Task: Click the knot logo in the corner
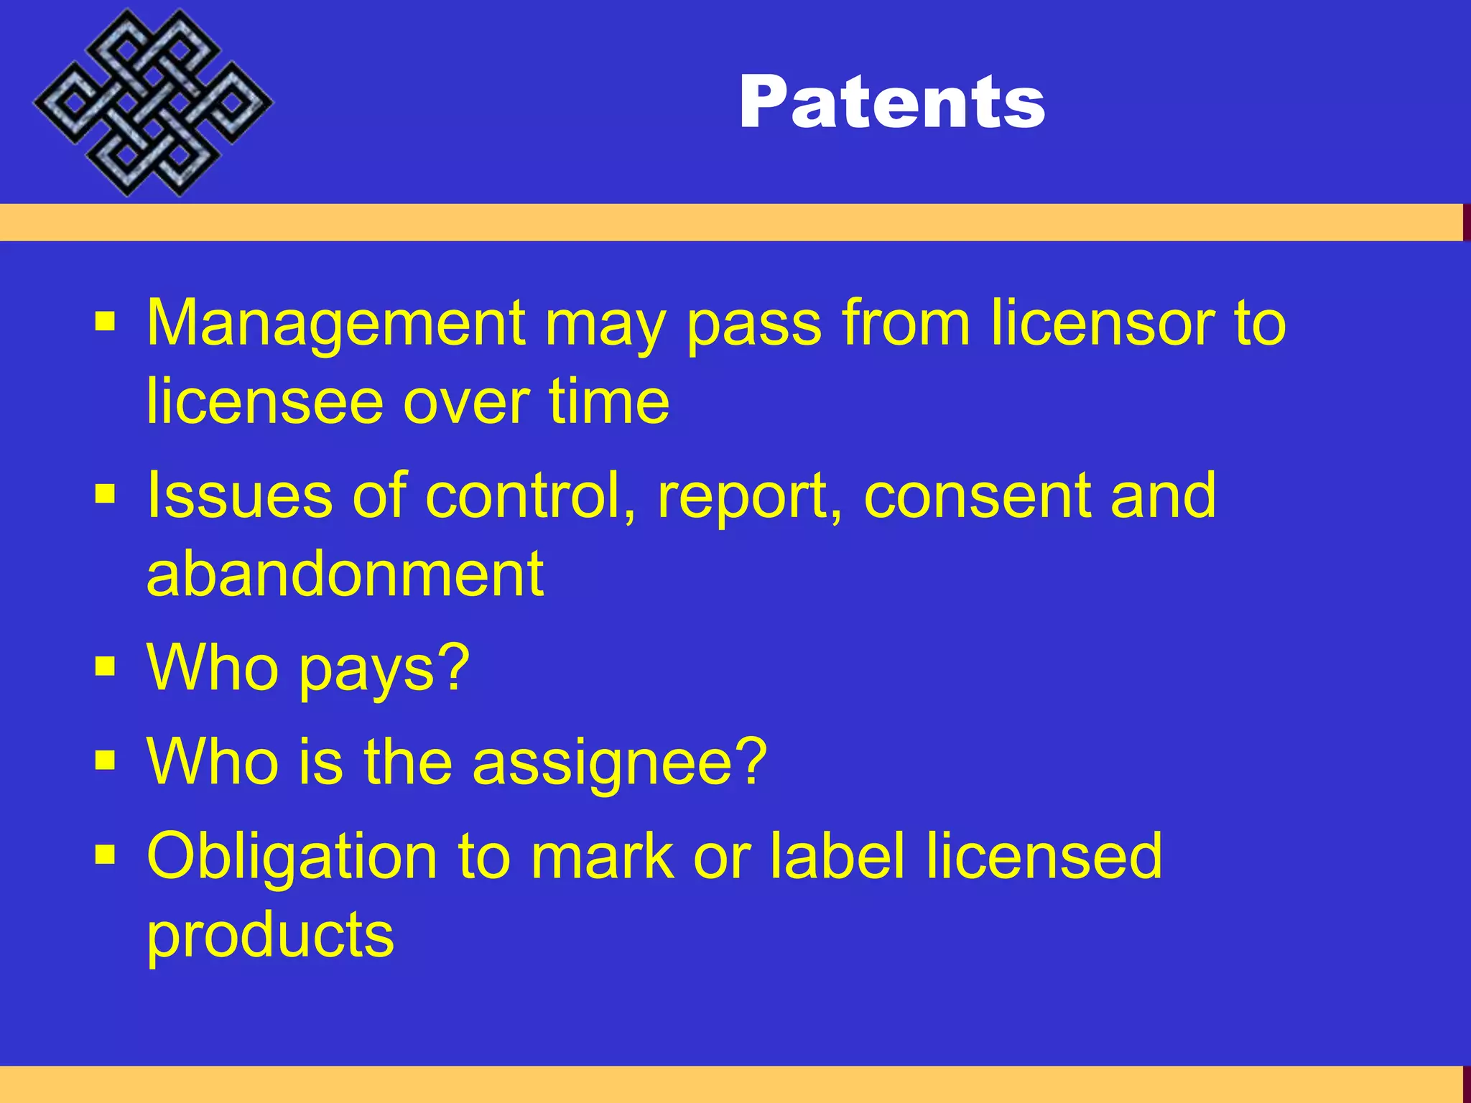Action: point(152,103)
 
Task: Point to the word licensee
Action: point(265,401)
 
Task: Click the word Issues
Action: point(240,495)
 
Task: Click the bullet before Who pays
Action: point(105,666)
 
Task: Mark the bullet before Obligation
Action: point(105,854)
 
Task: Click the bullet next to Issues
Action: point(105,493)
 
